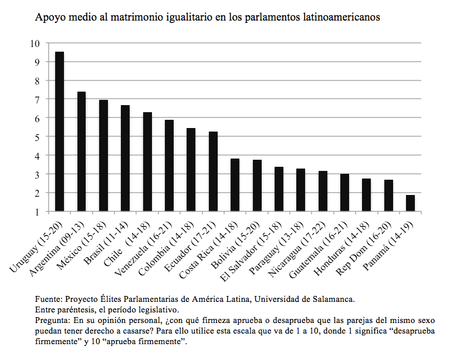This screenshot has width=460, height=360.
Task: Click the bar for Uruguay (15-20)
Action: click(59, 132)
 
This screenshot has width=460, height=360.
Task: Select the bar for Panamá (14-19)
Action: click(410, 203)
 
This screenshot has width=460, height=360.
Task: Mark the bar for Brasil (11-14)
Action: click(125, 159)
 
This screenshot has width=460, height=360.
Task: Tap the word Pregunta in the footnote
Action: click(52, 321)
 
